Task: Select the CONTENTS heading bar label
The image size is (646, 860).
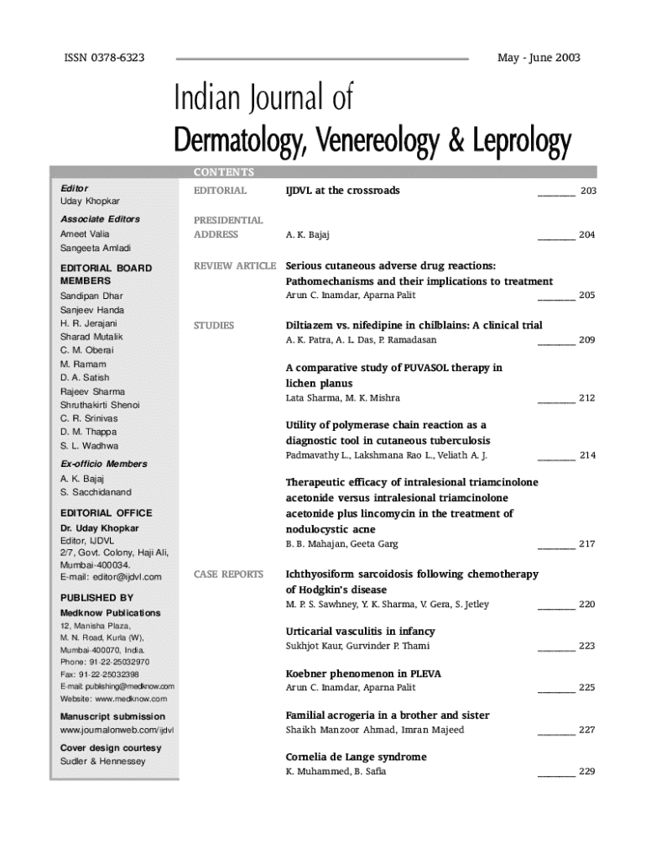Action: pos(224,172)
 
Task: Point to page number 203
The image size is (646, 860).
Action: pos(588,191)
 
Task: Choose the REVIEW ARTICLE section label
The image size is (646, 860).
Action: pos(235,265)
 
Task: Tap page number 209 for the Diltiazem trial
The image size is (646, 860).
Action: pos(587,340)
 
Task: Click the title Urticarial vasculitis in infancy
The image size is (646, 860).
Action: pos(361,631)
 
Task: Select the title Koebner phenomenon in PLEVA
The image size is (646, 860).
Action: pos(363,673)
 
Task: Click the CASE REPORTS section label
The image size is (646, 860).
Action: pos(228,574)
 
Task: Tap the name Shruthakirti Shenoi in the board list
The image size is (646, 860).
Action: pos(100,405)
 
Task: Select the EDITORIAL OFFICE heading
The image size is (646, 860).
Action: pos(106,512)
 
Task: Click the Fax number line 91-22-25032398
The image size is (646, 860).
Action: pos(100,674)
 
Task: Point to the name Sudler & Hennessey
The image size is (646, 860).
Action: pos(102,762)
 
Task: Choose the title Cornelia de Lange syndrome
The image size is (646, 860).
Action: pos(356,757)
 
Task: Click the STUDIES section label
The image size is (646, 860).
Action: pos(214,325)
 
